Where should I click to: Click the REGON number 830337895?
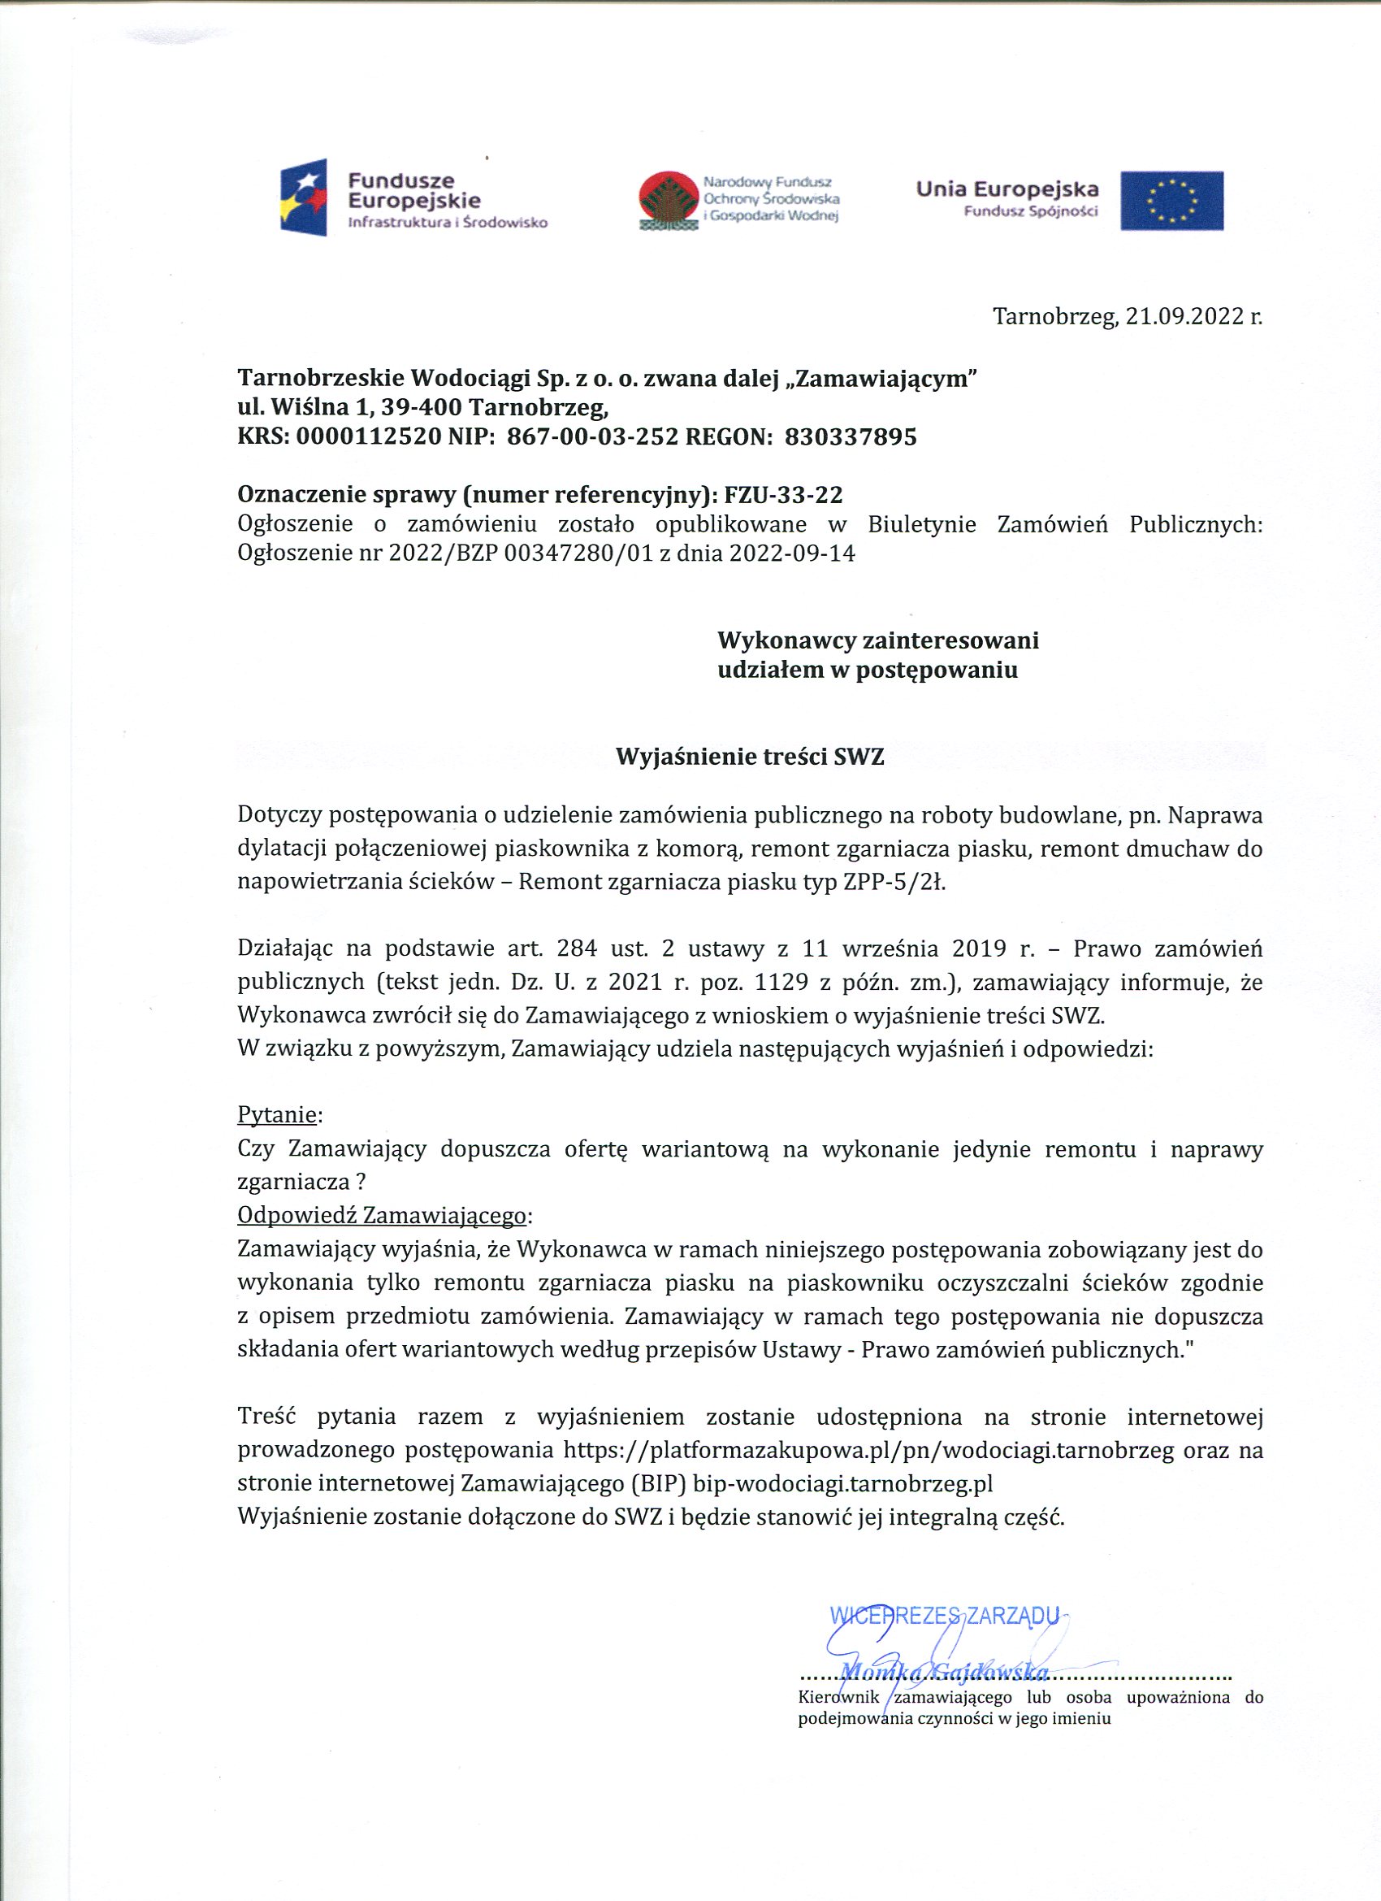coord(850,436)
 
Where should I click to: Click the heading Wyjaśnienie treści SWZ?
coord(750,757)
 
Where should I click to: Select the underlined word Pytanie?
coord(276,1115)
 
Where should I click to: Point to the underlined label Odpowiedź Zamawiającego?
coord(382,1215)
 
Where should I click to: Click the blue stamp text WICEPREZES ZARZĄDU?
coord(945,1615)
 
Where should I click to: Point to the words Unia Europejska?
coord(1007,189)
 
